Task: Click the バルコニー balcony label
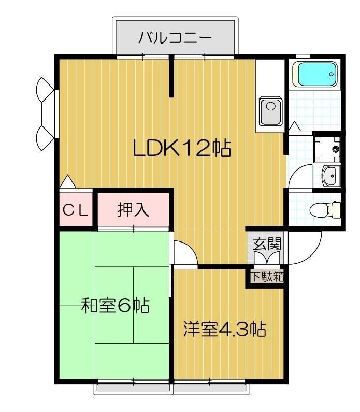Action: click(175, 38)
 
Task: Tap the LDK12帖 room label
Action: click(181, 149)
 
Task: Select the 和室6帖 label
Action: click(116, 306)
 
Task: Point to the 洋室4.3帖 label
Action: click(224, 329)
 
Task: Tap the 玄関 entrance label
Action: click(266, 243)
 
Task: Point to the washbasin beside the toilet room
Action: click(330, 177)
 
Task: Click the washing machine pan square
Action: click(327, 149)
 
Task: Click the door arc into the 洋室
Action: click(185, 253)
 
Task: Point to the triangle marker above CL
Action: click(67, 182)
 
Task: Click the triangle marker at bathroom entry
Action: click(294, 126)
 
